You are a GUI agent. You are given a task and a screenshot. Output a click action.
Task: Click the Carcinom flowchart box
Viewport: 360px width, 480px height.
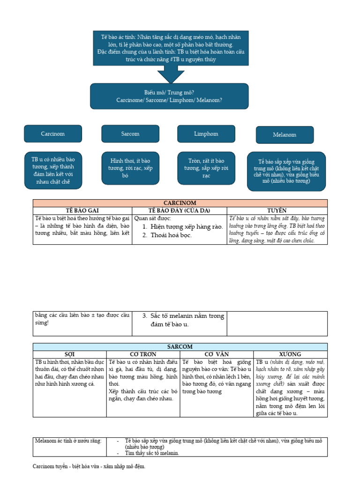pyautogui.click(x=52, y=134)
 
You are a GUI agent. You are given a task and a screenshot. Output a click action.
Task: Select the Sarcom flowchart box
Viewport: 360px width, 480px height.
pyautogui.click(x=130, y=134)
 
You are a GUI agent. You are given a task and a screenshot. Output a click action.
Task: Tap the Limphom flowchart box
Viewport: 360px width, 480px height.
pyautogui.click(x=206, y=134)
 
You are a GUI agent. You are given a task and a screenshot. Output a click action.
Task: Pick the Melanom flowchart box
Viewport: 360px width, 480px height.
pyautogui.click(x=284, y=135)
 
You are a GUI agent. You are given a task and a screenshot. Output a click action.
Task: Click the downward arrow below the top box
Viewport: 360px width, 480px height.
pyautogui.click(x=171, y=73)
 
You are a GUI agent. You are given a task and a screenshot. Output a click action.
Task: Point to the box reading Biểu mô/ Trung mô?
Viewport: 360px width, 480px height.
pyautogui.click(x=169, y=97)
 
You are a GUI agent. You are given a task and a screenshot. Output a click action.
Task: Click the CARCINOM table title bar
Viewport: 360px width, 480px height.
pyautogui.click(x=180, y=203)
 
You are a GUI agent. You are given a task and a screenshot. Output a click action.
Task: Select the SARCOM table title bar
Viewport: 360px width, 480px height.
pyautogui.click(x=180, y=346)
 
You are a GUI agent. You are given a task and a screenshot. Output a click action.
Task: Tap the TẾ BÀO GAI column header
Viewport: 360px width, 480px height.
pyautogui.click(x=82, y=210)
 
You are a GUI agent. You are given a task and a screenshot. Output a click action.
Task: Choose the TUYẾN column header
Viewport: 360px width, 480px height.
pyautogui.click(x=277, y=210)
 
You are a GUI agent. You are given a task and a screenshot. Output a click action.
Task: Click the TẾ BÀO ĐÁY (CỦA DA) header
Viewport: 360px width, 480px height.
pyautogui.click(x=180, y=210)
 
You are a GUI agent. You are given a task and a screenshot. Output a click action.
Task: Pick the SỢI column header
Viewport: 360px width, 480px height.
pyautogui.click(x=69, y=354)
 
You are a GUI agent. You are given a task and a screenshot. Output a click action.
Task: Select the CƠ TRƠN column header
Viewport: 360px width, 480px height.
pyautogui.click(x=143, y=354)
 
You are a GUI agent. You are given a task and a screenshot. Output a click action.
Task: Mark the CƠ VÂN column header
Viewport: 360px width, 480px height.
pyautogui.click(x=217, y=354)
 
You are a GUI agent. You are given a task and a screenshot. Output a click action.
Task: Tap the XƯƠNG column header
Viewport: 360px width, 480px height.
pyautogui.click(x=290, y=354)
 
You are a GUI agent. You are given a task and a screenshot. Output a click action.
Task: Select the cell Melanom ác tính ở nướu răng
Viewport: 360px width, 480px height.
pyautogui.click(x=68, y=441)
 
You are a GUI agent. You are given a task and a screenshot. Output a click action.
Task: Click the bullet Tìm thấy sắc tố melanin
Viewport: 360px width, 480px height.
pyautogui.click(x=152, y=453)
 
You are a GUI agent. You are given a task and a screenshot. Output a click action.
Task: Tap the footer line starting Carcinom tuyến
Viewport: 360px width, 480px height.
pyautogui.click(x=89, y=466)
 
